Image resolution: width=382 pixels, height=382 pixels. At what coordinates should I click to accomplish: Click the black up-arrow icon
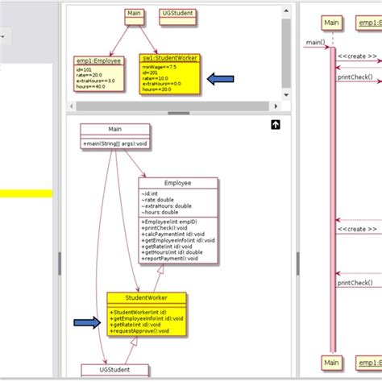point(276,125)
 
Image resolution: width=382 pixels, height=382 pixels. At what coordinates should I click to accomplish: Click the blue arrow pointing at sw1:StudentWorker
point(221,78)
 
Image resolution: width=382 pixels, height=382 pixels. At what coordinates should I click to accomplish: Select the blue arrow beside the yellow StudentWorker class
point(88,323)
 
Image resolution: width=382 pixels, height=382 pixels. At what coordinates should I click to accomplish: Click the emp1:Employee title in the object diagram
point(99,60)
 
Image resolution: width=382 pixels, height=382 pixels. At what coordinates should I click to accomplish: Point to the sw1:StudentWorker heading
point(169,59)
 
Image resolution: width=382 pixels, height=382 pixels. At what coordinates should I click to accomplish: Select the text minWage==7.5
point(160,66)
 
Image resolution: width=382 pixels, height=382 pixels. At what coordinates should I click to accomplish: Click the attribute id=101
point(85,69)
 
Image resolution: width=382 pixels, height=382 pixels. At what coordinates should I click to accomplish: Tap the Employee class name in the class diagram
point(177,183)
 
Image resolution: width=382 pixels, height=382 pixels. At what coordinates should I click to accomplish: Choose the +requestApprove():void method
point(141,330)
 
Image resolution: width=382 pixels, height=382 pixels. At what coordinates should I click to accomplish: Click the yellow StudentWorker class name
point(147,298)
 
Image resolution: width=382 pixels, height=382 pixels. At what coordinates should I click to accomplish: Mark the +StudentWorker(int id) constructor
point(139,311)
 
